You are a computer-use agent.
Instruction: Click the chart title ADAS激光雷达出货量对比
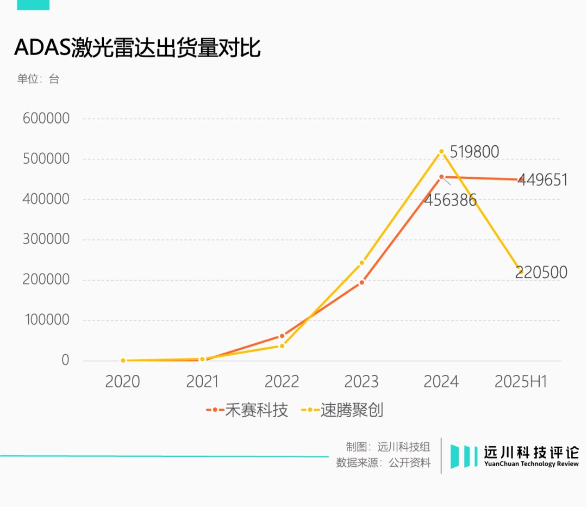tap(137, 48)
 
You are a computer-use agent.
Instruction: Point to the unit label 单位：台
tap(38, 79)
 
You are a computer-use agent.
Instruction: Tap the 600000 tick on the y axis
tap(46, 119)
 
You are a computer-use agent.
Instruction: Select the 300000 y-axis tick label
tap(46, 239)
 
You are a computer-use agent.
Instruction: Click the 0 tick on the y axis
tap(65, 360)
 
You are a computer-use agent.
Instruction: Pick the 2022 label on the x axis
tap(282, 381)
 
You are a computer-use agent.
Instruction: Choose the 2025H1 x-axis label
tap(521, 381)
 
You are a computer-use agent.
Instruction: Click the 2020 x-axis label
tap(122, 381)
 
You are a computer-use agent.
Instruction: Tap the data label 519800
tap(474, 152)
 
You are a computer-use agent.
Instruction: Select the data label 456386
tap(451, 200)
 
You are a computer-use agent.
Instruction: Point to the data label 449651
tap(542, 180)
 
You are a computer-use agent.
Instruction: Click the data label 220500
tap(541, 272)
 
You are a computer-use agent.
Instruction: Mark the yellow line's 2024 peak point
tap(441, 151)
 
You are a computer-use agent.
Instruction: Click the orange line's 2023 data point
tap(361, 282)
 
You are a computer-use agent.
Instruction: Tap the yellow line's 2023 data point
tap(361, 263)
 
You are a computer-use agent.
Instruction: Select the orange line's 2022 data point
tap(282, 336)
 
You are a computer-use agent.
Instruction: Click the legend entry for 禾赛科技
tap(247, 410)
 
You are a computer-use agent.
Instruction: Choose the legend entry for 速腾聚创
tap(343, 410)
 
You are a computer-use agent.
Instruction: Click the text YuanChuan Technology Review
tap(531, 464)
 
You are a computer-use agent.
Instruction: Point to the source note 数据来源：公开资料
tap(383, 463)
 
